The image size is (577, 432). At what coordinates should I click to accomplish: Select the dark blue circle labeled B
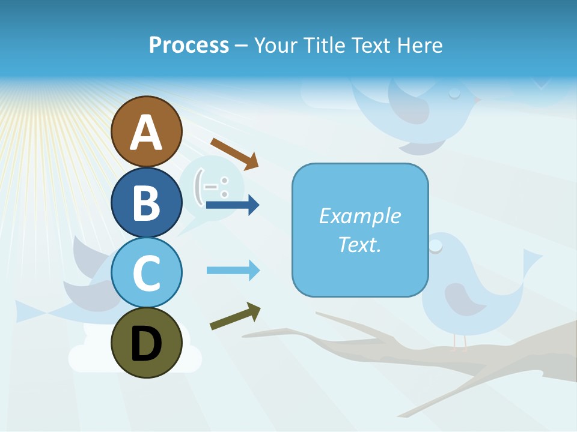pos(146,202)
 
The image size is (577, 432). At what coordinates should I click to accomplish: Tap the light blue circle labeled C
pos(146,272)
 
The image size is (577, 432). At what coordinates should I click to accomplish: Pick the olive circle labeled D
pos(146,343)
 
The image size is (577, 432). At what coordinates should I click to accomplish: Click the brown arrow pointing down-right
pos(234,153)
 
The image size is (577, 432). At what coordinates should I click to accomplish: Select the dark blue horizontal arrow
pos(233,205)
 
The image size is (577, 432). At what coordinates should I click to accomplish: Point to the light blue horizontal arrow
pos(233,271)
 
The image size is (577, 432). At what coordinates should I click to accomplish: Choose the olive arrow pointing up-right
pos(235,316)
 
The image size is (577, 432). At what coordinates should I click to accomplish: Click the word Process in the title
pos(189,46)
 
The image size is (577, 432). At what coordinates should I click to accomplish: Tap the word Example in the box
pos(359,216)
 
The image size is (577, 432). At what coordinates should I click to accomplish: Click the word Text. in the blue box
pos(359,244)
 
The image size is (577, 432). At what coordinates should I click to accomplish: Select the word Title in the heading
pos(321,46)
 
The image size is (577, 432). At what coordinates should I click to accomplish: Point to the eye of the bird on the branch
pos(436,245)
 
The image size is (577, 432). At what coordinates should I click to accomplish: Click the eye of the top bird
pos(454,92)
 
